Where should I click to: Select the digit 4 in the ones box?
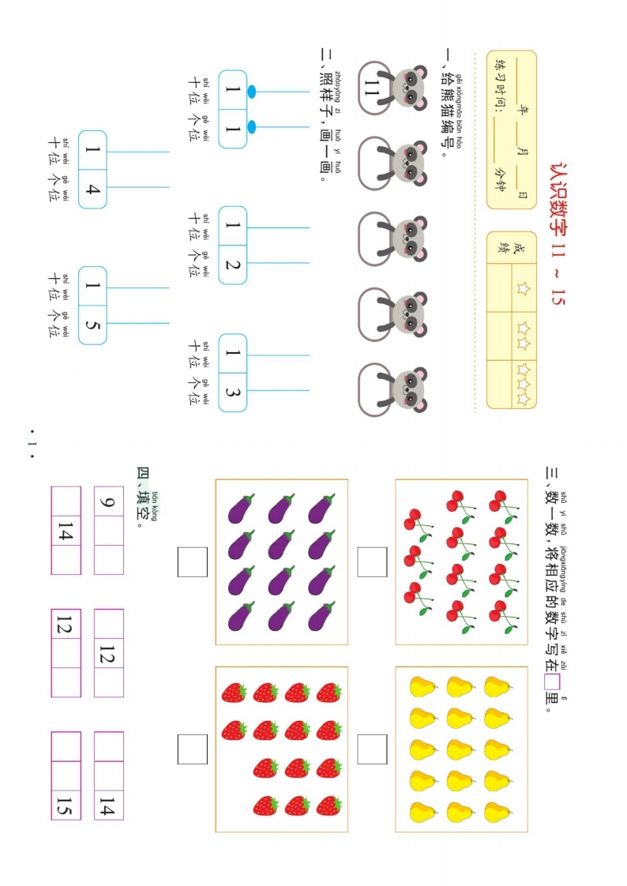(x=92, y=189)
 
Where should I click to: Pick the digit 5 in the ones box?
(x=92, y=325)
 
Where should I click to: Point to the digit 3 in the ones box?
(x=232, y=392)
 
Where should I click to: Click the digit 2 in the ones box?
(x=232, y=265)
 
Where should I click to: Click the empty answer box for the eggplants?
(x=193, y=562)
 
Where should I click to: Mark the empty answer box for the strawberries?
(x=193, y=749)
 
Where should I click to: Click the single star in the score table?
(x=522, y=287)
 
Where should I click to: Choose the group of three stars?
(x=522, y=384)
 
